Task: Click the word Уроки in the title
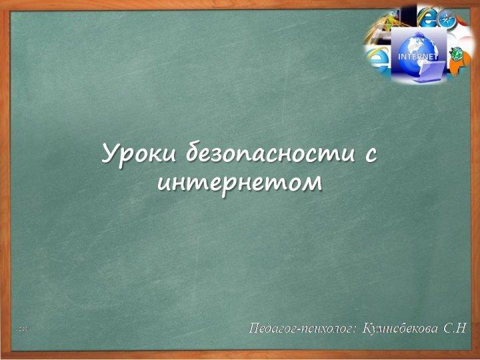tap(139, 153)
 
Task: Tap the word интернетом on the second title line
tap(240, 183)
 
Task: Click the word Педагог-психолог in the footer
tap(300, 329)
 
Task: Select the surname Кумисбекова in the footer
tap(400, 329)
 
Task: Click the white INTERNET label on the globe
tap(418, 57)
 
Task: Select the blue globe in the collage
tap(418, 49)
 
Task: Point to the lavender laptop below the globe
tap(429, 71)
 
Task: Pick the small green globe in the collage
tap(456, 53)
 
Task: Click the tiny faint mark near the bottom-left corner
tap(22, 329)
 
